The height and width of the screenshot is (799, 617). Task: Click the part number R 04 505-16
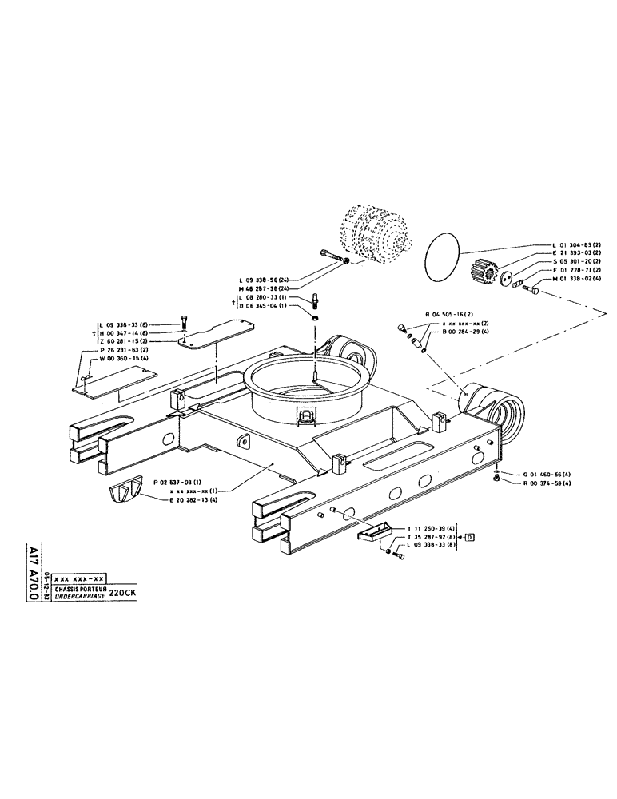click(x=449, y=315)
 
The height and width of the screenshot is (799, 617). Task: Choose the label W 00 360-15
click(x=127, y=358)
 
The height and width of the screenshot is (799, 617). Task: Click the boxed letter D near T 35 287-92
click(x=469, y=536)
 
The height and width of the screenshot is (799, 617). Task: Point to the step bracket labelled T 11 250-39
click(x=373, y=533)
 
